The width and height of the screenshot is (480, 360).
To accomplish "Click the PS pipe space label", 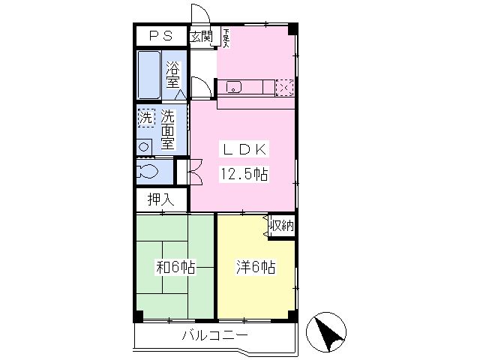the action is pyautogui.click(x=161, y=36).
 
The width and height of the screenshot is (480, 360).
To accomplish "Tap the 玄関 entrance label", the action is pyautogui.click(x=201, y=37).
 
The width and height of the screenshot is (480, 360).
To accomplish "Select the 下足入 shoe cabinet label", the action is pyautogui.click(x=226, y=38).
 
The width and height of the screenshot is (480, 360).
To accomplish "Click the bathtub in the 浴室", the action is pyautogui.click(x=149, y=75).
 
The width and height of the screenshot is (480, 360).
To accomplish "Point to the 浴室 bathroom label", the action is pyautogui.click(x=173, y=75).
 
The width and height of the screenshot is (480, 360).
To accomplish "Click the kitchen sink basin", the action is pyautogui.click(x=233, y=87).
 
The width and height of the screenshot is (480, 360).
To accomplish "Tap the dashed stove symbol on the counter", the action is pyautogui.click(x=284, y=88).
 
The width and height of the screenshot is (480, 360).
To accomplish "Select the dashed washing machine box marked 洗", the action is pyautogui.click(x=146, y=118).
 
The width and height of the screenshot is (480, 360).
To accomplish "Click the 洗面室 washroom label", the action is pyautogui.click(x=168, y=130).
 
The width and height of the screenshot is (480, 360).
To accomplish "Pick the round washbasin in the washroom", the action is pyautogui.click(x=143, y=147).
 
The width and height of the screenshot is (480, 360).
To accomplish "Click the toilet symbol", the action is pyautogui.click(x=148, y=172).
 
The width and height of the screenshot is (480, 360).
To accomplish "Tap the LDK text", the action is pyautogui.click(x=244, y=149).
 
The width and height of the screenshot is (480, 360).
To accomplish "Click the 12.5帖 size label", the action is pyautogui.click(x=244, y=174).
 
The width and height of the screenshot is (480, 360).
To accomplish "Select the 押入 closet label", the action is pyautogui.click(x=160, y=200).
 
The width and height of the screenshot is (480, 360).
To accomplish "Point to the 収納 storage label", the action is pyautogui.click(x=282, y=226).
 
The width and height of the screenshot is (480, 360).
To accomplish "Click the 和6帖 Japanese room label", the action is pyautogui.click(x=175, y=267).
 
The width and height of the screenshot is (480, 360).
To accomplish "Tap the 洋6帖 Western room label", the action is pyautogui.click(x=256, y=267).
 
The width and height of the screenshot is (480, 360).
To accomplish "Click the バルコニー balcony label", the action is pyautogui.click(x=215, y=335).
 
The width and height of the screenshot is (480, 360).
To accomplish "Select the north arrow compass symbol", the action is pyautogui.click(x=326, y=332).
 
